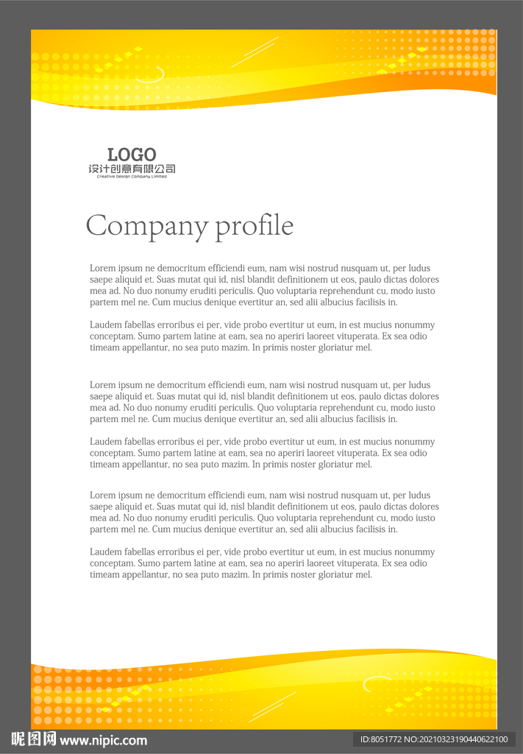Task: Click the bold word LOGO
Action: (132, 155)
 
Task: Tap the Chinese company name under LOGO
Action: (132, 169)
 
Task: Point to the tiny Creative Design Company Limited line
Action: (132, 177)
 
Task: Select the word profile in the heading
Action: (254, 226)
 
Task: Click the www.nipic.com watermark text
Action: (103, 740)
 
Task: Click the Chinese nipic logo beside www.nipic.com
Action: (34, 739)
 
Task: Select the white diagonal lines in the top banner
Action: (255, 52)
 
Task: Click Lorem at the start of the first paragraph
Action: (102, 268)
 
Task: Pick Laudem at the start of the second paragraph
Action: (105, 325)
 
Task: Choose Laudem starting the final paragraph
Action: (105, 552)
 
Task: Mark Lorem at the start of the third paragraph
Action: (102, 385)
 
